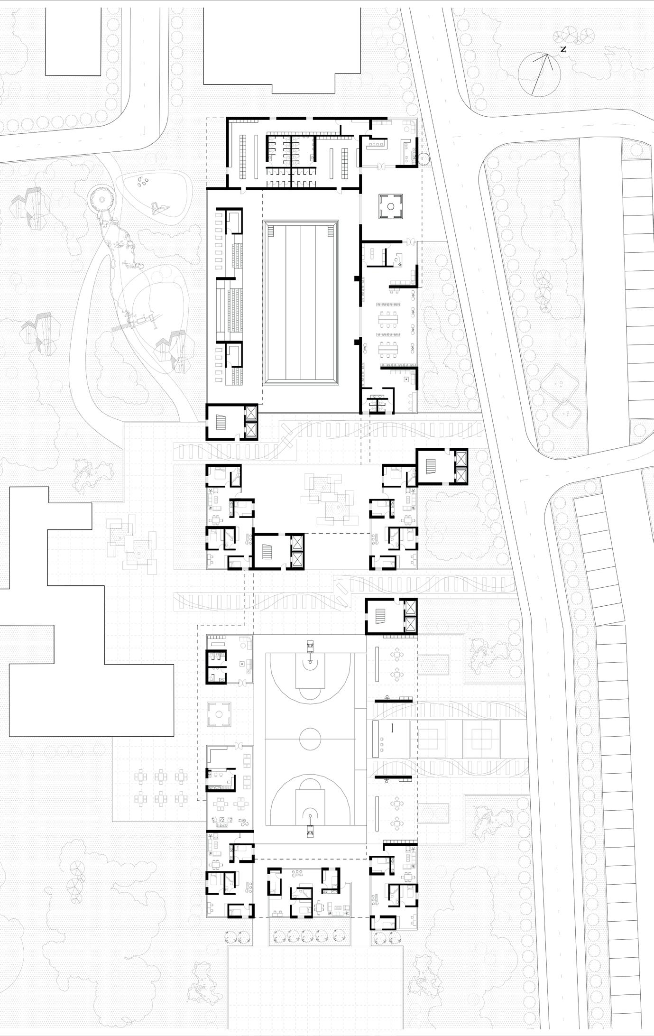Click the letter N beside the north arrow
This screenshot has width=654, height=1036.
pyautogui.click(x=563, y=49)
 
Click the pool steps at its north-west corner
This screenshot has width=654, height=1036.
pyautogui.click(x=271, y=231)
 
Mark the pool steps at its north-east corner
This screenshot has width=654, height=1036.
pyautogui.click(x=330, y=231)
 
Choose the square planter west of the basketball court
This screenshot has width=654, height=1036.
pyautogui.click(x=219, y=714)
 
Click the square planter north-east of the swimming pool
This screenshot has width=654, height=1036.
pyautogui.click(x=390, y=206)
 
